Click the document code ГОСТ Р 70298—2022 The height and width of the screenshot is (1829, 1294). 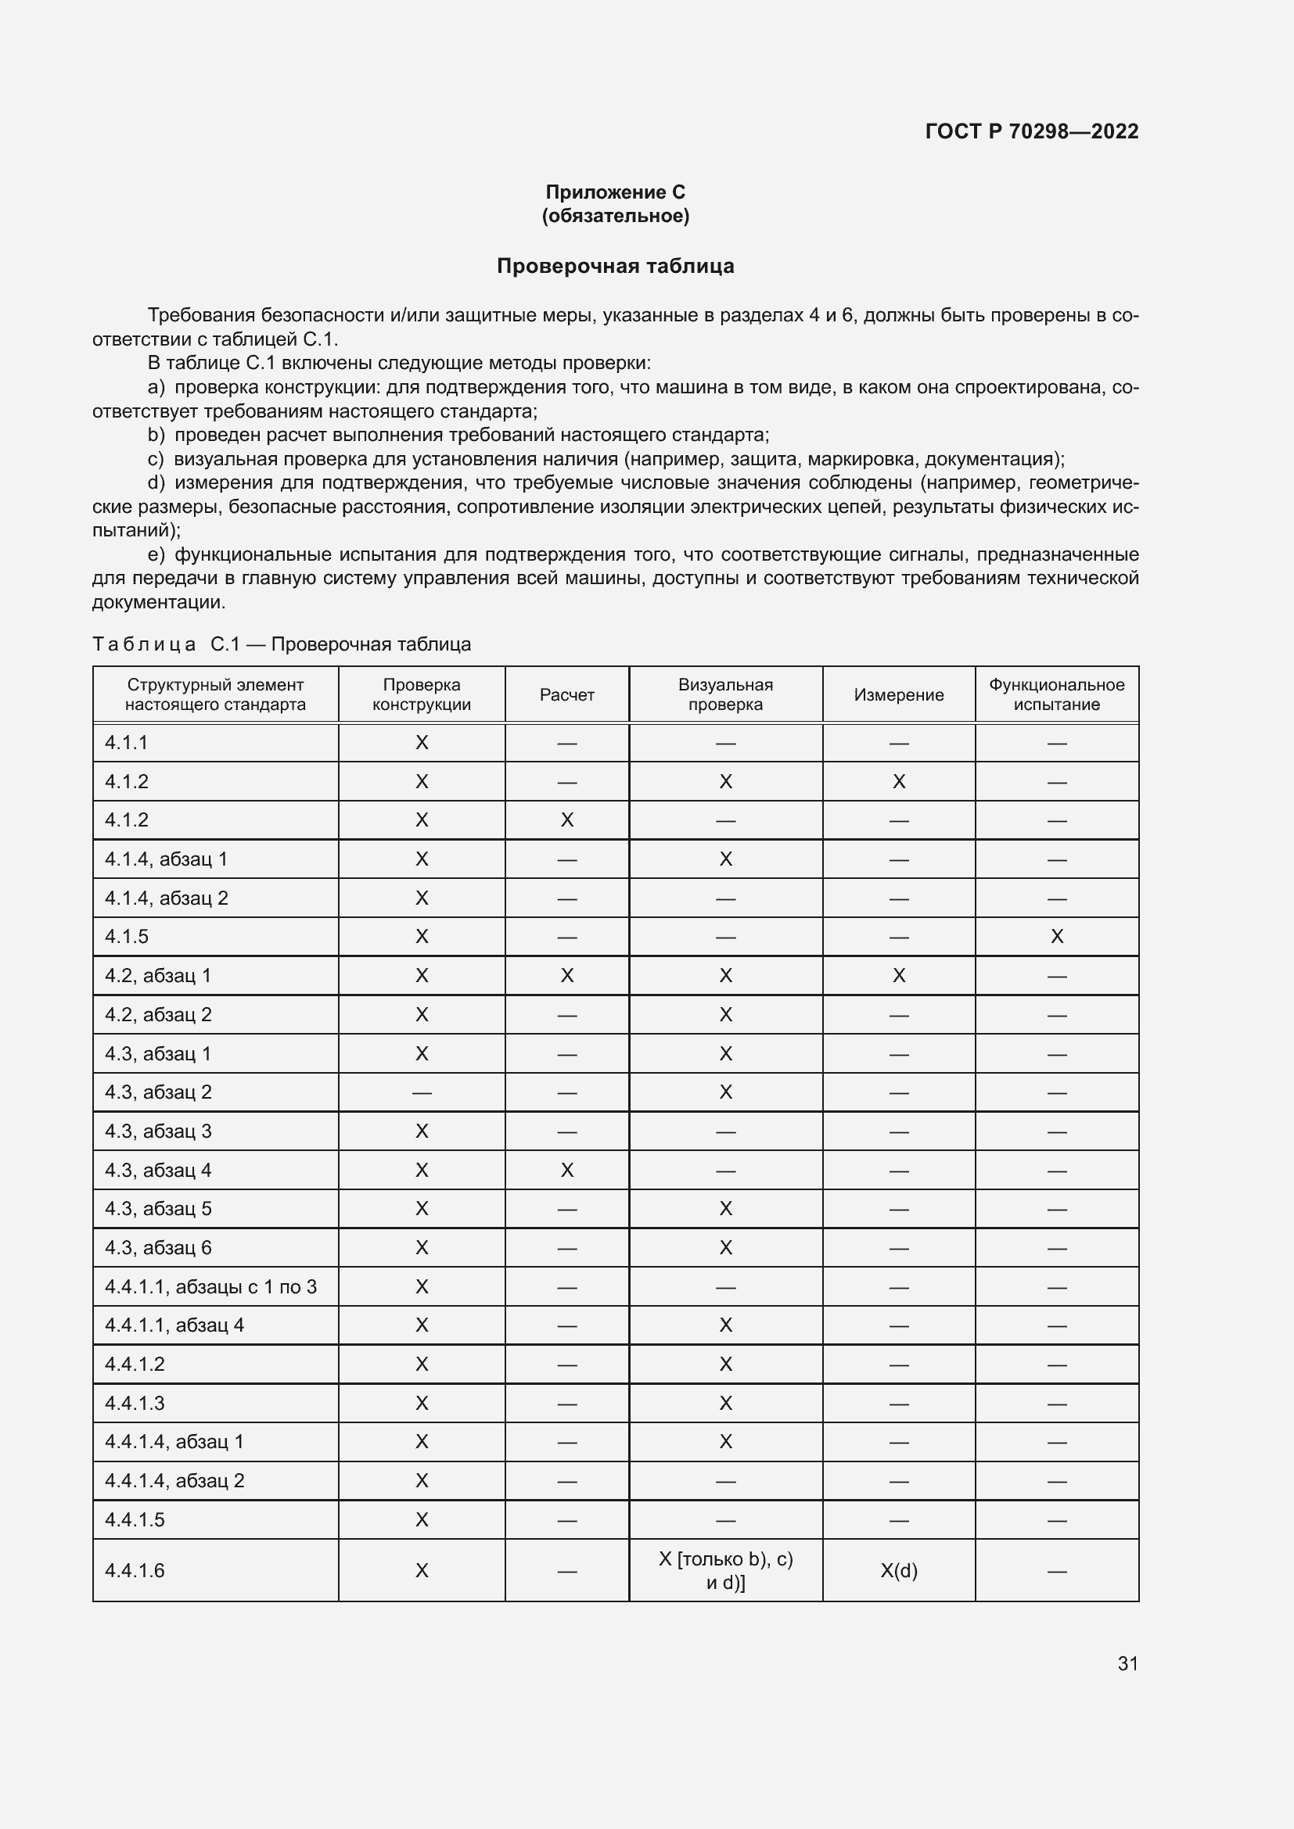pos(1031,131)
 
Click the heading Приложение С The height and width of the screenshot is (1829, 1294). pos(615,192)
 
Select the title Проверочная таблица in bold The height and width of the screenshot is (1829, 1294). pos(615,266)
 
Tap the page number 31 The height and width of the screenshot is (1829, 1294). pos(1127,1663)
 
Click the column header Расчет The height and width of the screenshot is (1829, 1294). pos(566,694)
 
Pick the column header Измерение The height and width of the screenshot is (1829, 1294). pos(898,694)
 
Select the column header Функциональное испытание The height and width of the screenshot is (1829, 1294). pos(1055,694)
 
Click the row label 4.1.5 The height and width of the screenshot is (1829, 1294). pos(127,937)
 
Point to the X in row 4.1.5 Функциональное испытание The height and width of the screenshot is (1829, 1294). pos(1056,937)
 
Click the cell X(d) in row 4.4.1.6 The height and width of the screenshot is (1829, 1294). pos(898,1571)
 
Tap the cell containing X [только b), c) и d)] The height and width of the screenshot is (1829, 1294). pos(725,1571)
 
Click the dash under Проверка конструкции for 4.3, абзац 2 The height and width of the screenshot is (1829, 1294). pos(422,1093)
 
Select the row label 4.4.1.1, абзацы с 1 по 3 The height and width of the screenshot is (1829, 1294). pos(210,1287)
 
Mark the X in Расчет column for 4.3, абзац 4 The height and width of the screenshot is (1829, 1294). pos(566,1171)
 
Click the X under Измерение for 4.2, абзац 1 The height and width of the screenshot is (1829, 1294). pos(898,976)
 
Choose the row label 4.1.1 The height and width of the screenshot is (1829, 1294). pos(127,743)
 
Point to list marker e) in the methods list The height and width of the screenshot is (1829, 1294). pos(156,554)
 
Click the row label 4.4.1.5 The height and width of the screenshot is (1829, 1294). pos(135,1520)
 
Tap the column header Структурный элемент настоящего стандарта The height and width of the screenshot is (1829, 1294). pos(215,694)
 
